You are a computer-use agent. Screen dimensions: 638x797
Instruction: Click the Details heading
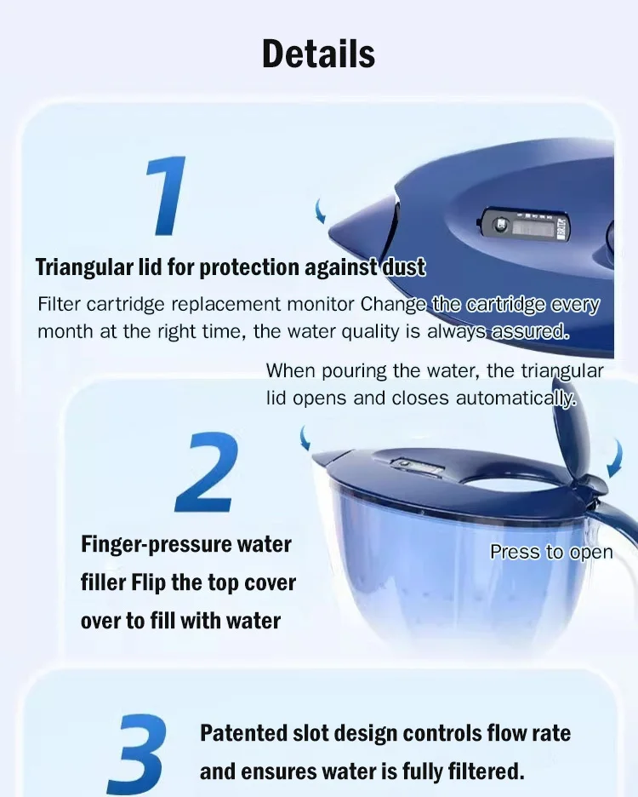point(318,54)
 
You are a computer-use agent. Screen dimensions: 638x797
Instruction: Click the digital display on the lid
point(533,228)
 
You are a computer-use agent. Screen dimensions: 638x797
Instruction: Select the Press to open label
point(551,552)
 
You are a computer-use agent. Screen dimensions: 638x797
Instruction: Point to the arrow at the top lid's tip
point(321,210)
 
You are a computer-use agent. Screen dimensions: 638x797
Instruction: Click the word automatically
point(516,398)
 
